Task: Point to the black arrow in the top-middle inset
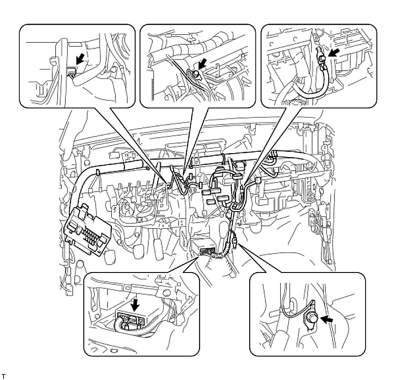(201, 64)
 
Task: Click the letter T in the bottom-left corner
(4, 376)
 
